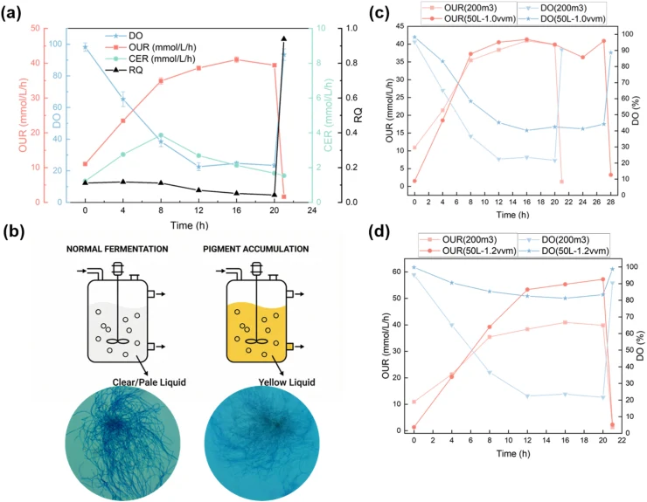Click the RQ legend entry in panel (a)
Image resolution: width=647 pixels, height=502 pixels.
[124, 71]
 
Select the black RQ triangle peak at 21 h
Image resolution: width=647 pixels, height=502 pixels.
[283, 38]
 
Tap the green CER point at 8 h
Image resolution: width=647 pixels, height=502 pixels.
[161, 135]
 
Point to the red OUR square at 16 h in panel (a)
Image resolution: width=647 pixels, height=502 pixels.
[236, 59]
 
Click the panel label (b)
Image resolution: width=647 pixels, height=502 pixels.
[13, 232]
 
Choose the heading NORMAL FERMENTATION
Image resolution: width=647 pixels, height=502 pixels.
[117, 249]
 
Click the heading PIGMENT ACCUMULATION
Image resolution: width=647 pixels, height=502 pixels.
[256, 249]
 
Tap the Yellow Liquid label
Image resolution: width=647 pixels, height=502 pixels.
[287, 382]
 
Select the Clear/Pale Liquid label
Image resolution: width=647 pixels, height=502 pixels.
[149, 382]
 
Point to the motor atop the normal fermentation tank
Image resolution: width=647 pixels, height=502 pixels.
[118, 268]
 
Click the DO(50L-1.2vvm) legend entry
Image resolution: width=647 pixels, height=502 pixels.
[563, 251]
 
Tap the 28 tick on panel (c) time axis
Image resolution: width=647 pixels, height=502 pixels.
[610, 202]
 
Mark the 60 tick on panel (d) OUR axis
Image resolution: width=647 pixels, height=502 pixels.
[397, 272]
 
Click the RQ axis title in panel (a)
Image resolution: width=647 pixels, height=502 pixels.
[358, 115]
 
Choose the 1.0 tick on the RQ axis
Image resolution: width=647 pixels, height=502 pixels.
[351, 29]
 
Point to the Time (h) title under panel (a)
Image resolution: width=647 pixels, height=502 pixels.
[190, 225]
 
